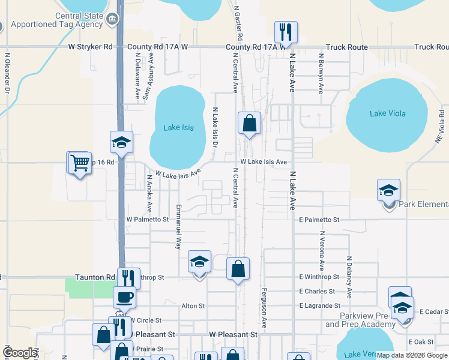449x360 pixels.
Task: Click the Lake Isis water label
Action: pyautogui.click(x=179, y=128)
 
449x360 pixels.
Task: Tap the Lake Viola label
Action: pyautogui.click(x=388, y=113)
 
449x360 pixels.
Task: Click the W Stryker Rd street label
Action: pyautogui.click(x=90, y=46)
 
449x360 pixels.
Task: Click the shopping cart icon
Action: pyautogui.click(x=80, y=162)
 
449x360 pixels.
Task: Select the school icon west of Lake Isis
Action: pyautogui.click(x=121, y=142)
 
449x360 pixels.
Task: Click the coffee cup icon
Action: pyautogui.click(x=125, y=296)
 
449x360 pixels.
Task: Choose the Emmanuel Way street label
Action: pyautogui.click(x=178, y=226)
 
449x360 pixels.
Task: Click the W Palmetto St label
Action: pyautogui.click(x=148, y=220)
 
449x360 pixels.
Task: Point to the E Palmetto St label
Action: pyautogui.click(x=319, y=220)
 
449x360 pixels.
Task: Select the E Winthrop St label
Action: pyautogui.click(x=319, y=277)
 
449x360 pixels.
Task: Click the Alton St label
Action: pyautogui.click(x=193, y=306)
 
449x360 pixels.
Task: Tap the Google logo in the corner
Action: pyautogui.click(x=19, y=353)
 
